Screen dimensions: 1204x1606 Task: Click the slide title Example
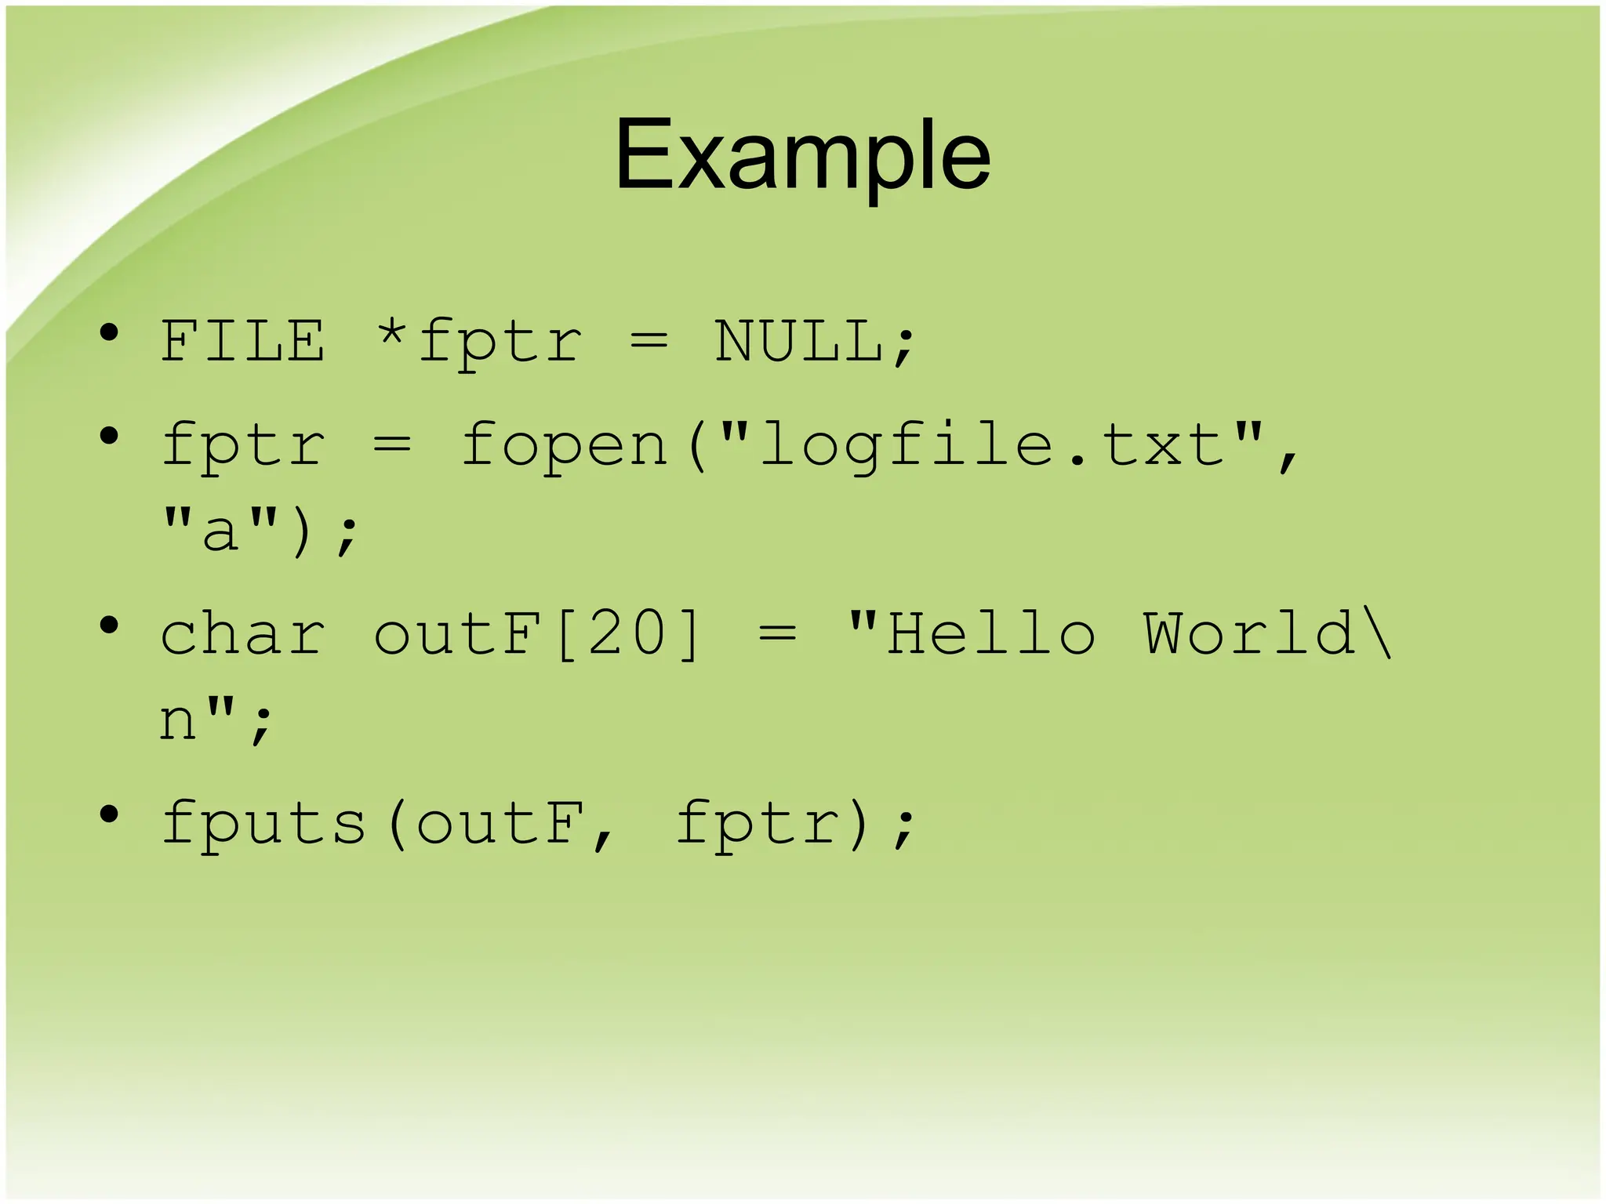pyautogui.click(x=802, y=154)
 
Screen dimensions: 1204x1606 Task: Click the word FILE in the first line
pyautogui.click(x=242, y=342)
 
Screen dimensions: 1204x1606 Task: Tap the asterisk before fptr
pyautogui.click(x=391, y=335)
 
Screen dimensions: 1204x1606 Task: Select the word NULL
pyautogui.click(x=800, y=342)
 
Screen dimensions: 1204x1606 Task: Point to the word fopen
pyautogui.click(x=563, y=445)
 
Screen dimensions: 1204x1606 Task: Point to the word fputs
pyautogui.click(x=264, y=823)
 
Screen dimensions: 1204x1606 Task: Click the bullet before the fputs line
pyautogui.click(x=109, y=814)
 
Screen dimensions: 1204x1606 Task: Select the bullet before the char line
pyautogui.click(x=109, y=626)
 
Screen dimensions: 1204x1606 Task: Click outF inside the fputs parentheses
pyautogui.click(x=500, y=823)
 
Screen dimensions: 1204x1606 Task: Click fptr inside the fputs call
pyautogui.click(x=757, y=823)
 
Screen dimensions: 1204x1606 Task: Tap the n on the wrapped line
pyautogui.click(x=177, y=721)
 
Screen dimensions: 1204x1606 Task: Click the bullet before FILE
pyautogui.click(x=109, y=333)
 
